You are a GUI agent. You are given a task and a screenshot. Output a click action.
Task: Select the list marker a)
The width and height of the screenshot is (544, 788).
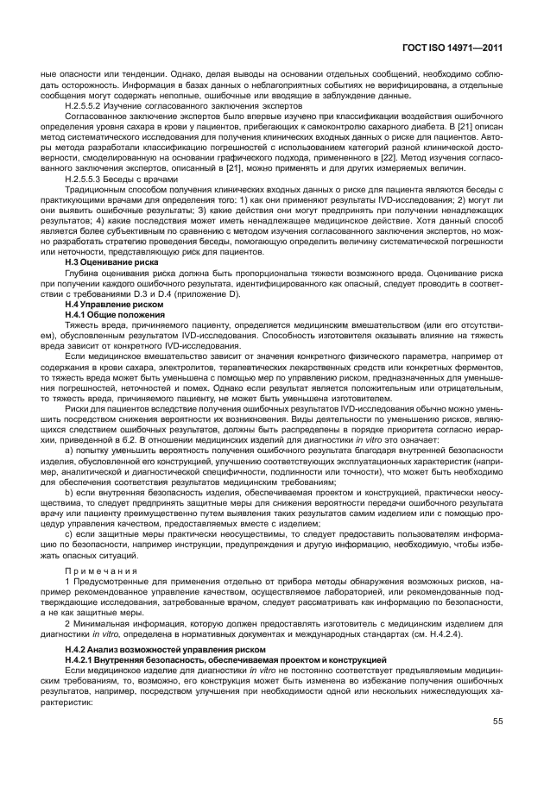point(69,450)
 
